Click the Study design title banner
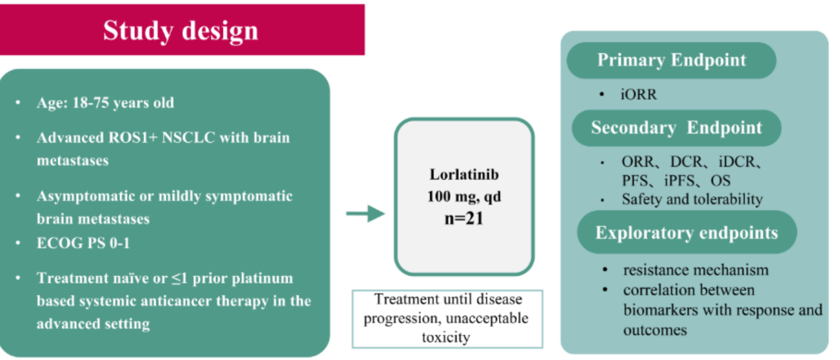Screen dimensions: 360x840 click(181, 30)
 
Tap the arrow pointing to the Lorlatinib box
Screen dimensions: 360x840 click(365, 213)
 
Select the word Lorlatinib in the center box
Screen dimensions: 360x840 click(464, 175)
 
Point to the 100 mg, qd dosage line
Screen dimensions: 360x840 click(464, 197)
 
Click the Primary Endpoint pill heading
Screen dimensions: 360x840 click(671, 60)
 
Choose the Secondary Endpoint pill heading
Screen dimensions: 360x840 click(677, 128)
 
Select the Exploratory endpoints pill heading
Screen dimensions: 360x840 click(686, 233)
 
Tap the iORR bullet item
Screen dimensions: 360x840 click(639, 95)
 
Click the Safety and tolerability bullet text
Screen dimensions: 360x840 click(692, 199)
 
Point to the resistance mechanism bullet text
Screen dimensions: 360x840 click(696, 270)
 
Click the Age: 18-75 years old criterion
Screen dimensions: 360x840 click(105, 103)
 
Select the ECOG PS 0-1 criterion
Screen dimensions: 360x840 click(83, 243)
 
